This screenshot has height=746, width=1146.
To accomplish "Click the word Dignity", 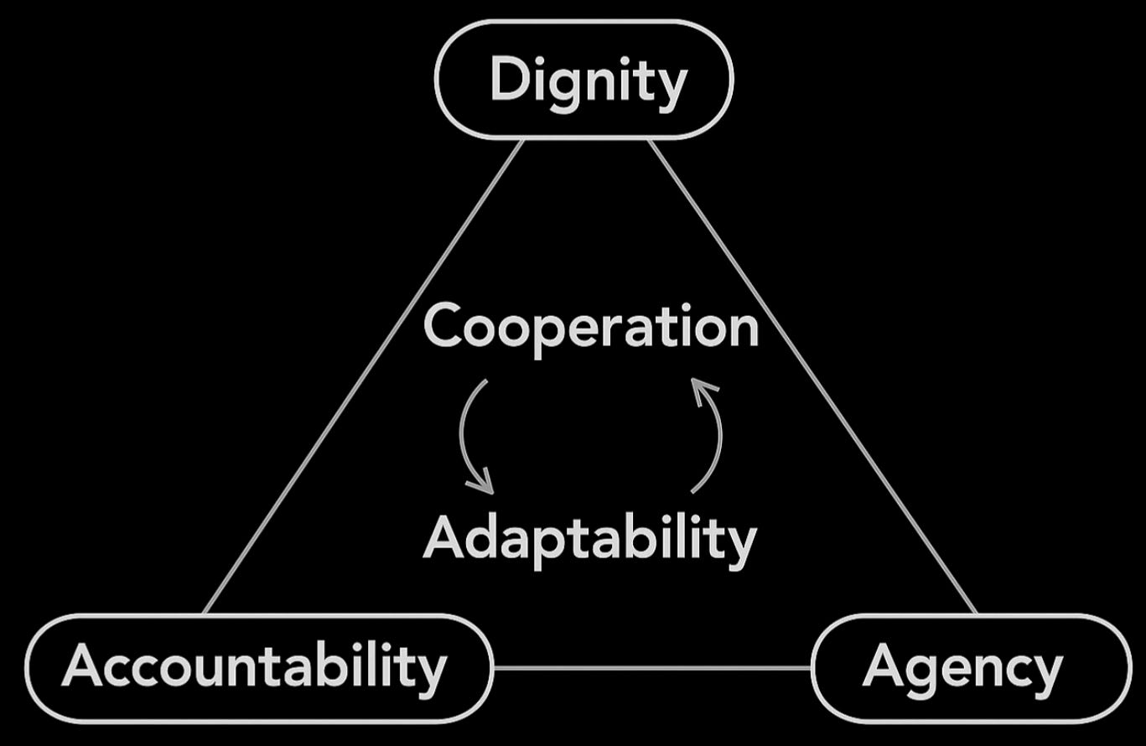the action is pyautogui.click(x=587, y=80).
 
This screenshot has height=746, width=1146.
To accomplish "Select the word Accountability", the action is pyautogui.click(x=254, y=667).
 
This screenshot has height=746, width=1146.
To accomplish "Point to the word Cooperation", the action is pyautogui.click(x=591, y=327).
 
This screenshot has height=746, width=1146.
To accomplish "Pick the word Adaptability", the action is pyautogui.click(x=589, y=538).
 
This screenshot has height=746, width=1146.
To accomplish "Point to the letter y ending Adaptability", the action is pyautogui.click(x=740, y=545).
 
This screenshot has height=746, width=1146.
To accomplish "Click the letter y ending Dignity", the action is pyautogui.click(x=672, y=87).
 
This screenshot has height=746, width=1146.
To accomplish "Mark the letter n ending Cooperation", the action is pyautogui.click(x=743, y=329).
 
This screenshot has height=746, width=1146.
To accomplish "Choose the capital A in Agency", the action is pyautogui.click(x=883, y=666).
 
